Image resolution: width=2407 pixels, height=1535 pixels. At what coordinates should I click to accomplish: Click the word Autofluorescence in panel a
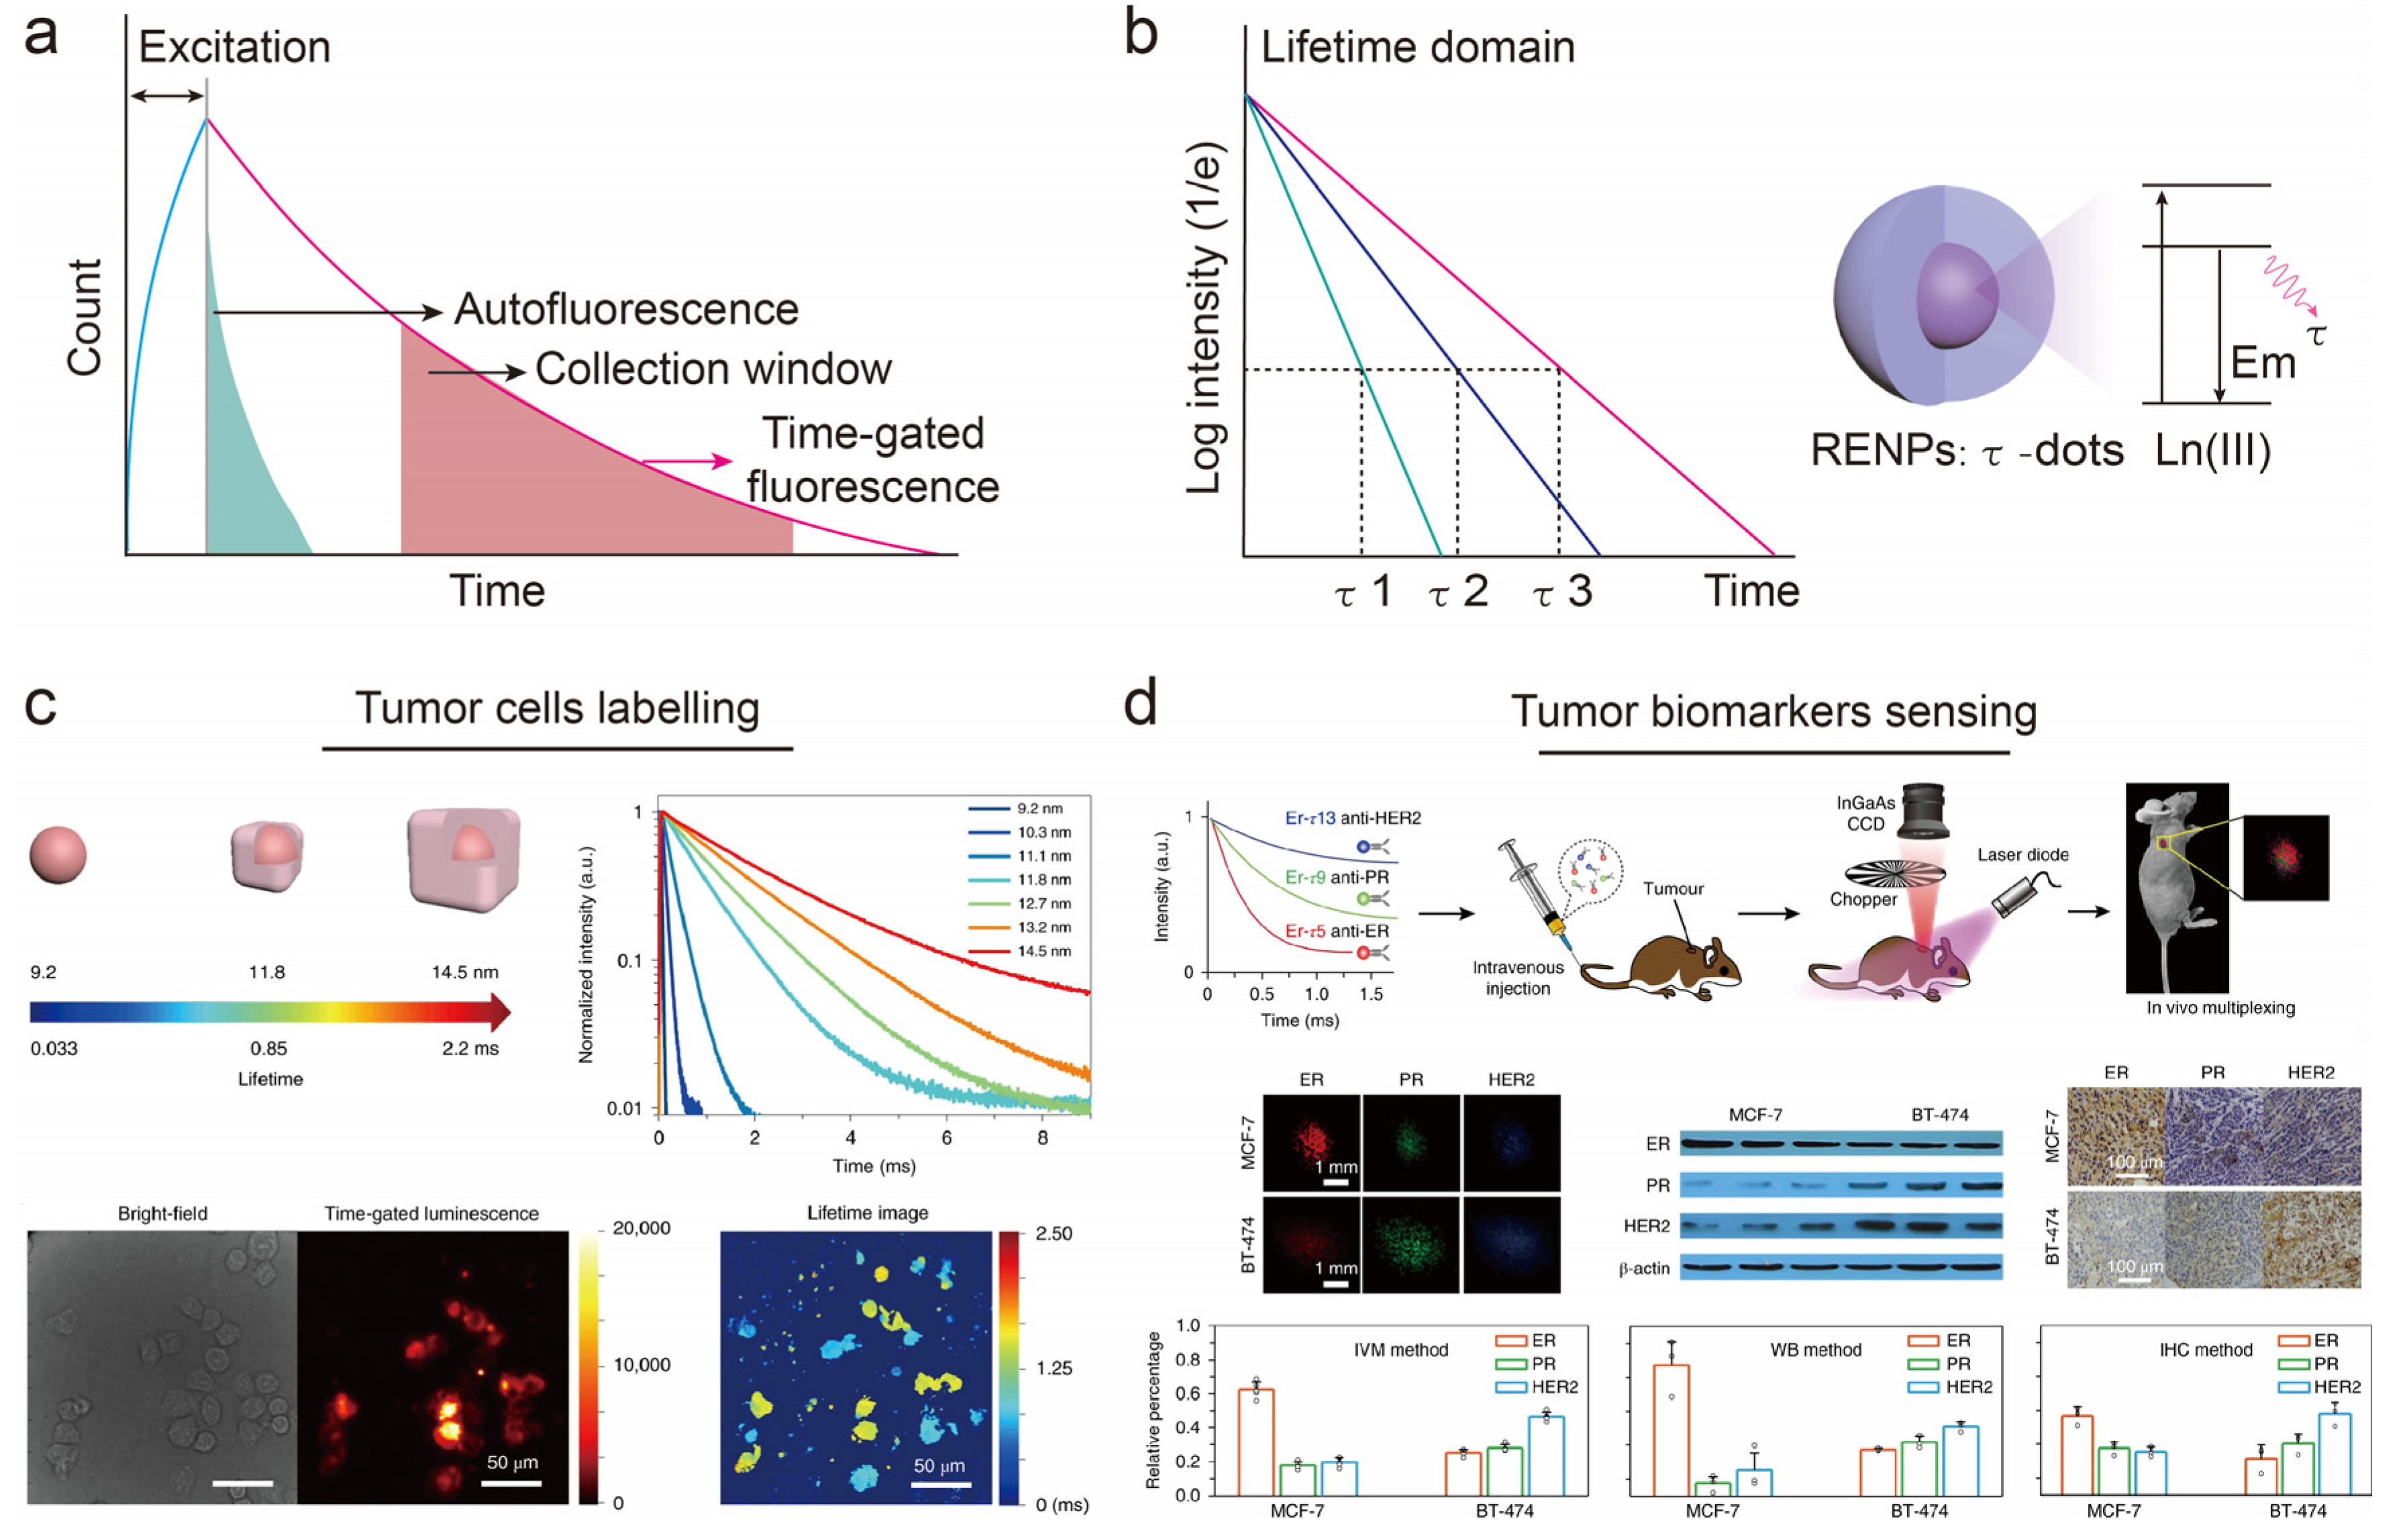pos(626,310)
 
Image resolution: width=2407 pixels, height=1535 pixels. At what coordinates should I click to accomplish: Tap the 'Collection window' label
pos(713,369)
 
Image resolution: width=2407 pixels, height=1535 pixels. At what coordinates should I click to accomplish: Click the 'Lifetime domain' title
pos(1417,47)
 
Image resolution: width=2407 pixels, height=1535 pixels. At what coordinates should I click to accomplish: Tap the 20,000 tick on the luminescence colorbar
pos(641,1228)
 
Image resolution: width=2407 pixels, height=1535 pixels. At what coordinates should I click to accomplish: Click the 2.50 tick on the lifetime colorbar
pos(1054,1233)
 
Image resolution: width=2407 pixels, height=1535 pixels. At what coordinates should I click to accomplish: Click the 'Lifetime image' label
pos(866,1213)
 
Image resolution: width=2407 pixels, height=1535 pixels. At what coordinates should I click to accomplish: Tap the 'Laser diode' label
pos(2022,855)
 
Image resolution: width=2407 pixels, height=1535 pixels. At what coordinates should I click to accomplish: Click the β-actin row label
pos(1644,1268)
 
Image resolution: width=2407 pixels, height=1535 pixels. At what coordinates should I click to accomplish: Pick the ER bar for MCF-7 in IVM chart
pos(1256,1441)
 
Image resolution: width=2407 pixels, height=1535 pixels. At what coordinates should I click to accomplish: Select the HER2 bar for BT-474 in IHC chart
pos(2334,1453)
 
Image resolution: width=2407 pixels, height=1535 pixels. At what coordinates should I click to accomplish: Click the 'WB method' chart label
pos(1815,1350)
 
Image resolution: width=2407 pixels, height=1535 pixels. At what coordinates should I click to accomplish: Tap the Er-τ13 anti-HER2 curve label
pos(1352,818)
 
